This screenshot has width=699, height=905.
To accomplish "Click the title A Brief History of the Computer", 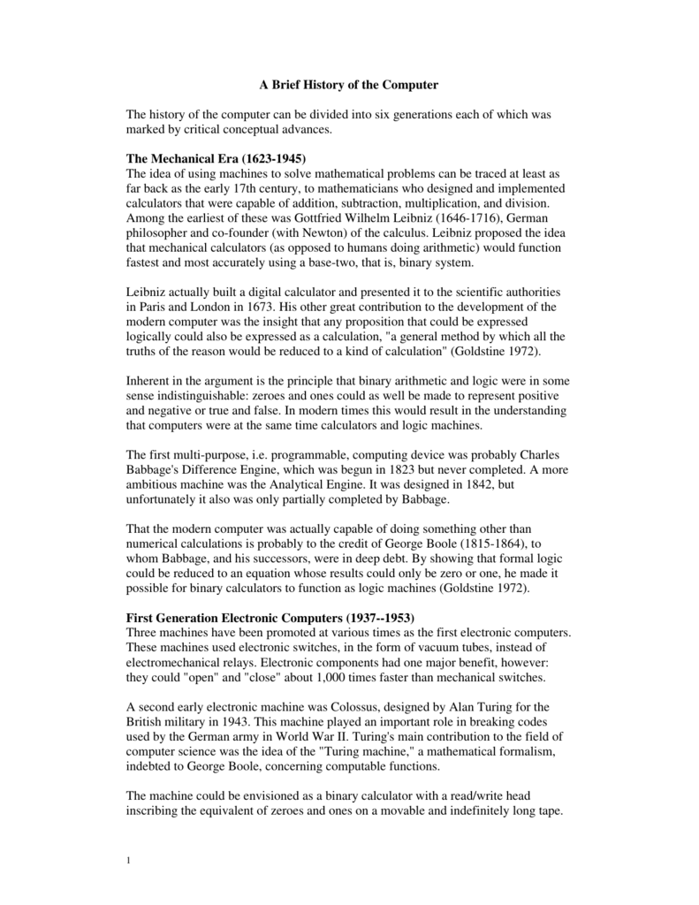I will coord(348,86).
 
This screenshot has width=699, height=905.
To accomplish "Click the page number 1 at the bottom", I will coord(130,861).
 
